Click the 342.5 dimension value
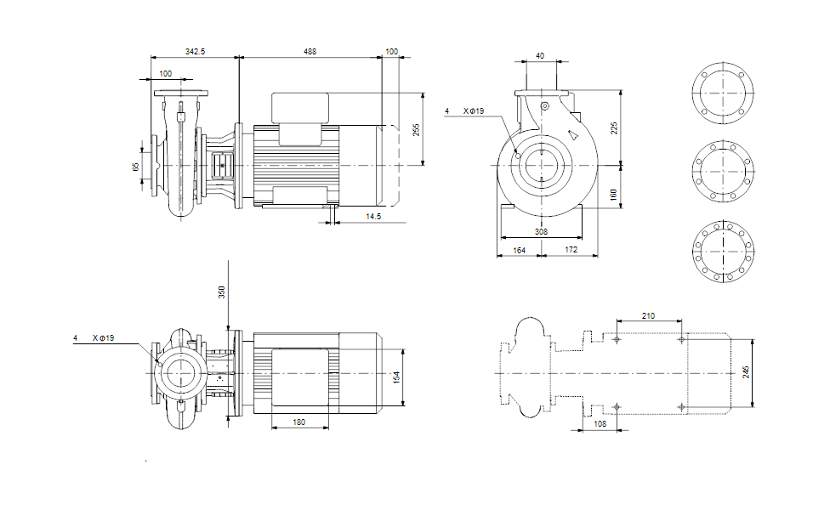196,52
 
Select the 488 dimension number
310,52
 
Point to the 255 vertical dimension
417,130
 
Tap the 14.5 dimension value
372,218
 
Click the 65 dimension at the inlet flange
135,167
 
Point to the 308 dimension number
541,231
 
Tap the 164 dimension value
519,250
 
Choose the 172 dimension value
571,250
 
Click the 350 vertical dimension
222,292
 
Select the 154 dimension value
395,377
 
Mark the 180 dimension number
299,422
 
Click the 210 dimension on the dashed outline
649,316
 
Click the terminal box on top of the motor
300,107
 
